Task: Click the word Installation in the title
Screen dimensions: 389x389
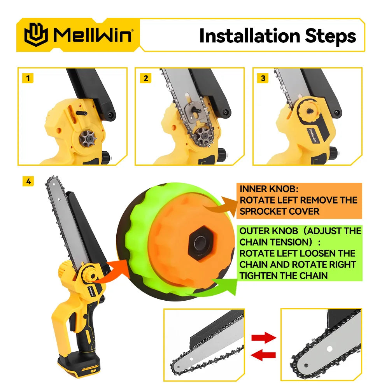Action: pyautogui.click(x=249, y=36)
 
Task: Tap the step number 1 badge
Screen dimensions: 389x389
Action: pyautogui.click(x=28, y=78)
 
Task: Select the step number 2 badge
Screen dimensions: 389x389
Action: pyautogui.click(x=146, y=78)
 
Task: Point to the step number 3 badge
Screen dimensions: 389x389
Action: pyautogui.click(x=263, y=78)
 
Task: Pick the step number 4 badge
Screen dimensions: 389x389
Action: pyautogui.click(x=28, y=181)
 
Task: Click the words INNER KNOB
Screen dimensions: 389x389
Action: pyautogui.click(x=268, y=189)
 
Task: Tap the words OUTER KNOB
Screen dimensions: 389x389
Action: pyautogui.click(x=269, y=231)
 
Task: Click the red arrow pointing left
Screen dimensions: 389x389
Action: pyautogui.click(x=263, y=354)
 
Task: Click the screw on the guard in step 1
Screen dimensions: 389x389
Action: pyautogui.click(x=111, y=115)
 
